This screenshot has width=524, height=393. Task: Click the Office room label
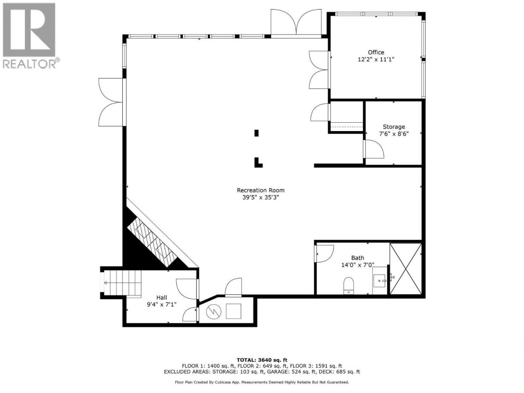click(376, 52)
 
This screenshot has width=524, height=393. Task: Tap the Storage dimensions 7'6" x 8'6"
click(394, 134)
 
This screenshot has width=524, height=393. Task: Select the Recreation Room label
click(260, 190)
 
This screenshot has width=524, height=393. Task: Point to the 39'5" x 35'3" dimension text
click(260, 197)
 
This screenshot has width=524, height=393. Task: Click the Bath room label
click(357, 258)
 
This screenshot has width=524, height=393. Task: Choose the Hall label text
click(162, 297)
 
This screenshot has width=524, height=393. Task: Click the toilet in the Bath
click(348, 285)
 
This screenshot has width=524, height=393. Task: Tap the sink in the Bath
click(380, 281)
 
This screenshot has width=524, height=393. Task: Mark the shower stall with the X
click(405, 268)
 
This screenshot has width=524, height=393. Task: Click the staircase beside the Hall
click(122, 283)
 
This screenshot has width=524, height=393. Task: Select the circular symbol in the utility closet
click(214, 312)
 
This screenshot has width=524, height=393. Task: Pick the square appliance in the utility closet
click(234, 311)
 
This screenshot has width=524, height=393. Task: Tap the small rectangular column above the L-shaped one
click(256, 133)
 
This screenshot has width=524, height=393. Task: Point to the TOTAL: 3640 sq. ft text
click(262, 360)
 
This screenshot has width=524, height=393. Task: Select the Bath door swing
click(324, 254)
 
